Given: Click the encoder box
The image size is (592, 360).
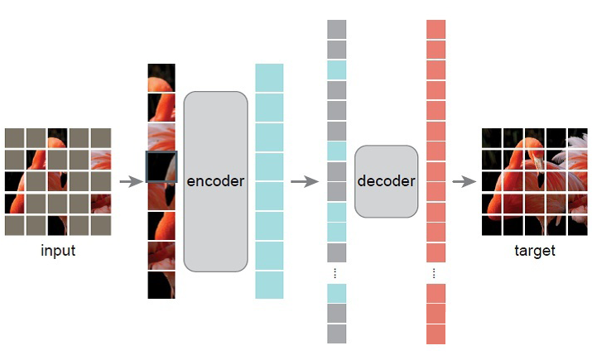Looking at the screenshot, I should pyautogui.click(x=215, y=181).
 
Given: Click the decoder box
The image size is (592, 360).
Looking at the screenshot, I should pyautogui.click(x=386, y=181).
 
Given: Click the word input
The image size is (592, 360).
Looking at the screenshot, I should pyautogui.click(x=58, y=251).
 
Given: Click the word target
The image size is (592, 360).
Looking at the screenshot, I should pyautogui.click(x=534, y=251).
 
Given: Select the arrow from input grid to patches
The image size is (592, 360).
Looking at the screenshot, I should pyautogui.click(x=131, y=182).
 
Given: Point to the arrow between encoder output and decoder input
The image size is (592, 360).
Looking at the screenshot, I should pyautogui.click(x=305, y=182).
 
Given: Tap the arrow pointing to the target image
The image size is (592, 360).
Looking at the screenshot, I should pyautogui.click(x=464, y=182).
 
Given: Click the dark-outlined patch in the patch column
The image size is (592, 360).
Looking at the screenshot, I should pyautogui.click(x=161, y=166).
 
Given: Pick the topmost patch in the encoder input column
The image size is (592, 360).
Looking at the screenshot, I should pyautogui.click(x=161, y=77).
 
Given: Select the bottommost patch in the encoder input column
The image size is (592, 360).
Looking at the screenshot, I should pyautogui.click(x=161, y=285).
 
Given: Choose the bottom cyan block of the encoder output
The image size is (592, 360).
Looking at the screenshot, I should pyautogui.click(x=269, y=285).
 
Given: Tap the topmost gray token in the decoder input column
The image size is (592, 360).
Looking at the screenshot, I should pyautogui.click(x=336, y=29).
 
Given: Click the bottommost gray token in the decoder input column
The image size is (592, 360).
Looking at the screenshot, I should pyautogui.click(x=336, y=334).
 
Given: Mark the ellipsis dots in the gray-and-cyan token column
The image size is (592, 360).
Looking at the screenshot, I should pyautogui.click(x=336, y=272).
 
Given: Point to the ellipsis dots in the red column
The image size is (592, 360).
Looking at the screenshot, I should pyautogui.click(x=436, y=272).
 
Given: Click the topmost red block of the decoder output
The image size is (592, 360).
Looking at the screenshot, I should pyautogui.click(x=436, y=29).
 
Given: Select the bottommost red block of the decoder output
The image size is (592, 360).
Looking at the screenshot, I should pyautogui.click(x=436, y=334).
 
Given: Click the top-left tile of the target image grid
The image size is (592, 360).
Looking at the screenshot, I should pyautogui.click(x=492, y=137).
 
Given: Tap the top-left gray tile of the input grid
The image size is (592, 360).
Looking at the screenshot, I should pyautogui.click(x=14, y=137).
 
